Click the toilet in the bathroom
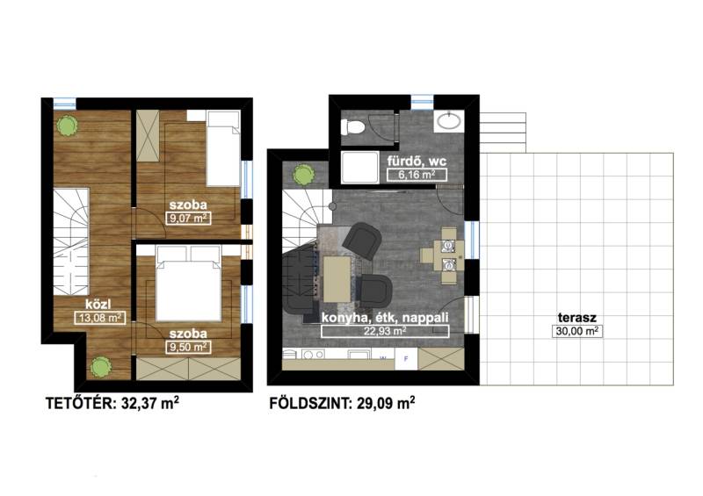point(353,127)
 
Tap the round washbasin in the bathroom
point(447,120)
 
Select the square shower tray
point(359,167)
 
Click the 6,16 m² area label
point(417,175)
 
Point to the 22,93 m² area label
point(385,331)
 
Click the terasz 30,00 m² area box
point(576,332)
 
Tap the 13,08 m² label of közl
point(100,318)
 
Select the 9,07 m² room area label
point(188,219)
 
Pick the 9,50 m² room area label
point(188,348)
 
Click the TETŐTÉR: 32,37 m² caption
point(112,403)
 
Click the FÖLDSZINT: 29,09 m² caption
point(342,403)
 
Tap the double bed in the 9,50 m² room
point(189,284)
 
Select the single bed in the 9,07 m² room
point(223,148)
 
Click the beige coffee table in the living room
point(337,278)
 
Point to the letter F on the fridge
point(406,358)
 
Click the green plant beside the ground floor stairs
point(303,175)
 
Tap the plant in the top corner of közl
point(67,126)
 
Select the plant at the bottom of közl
point(100,367)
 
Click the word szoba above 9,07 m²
point(188,205)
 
